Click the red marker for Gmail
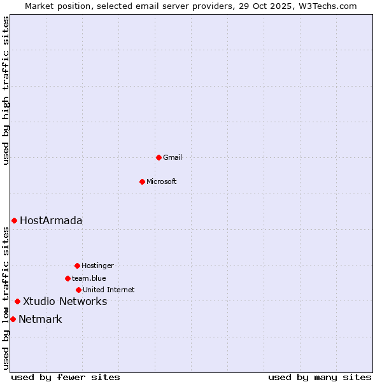click(159, 157)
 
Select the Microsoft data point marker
click(142, 181)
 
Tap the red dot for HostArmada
click(14, 220)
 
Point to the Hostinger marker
click(77, 265)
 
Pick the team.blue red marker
click(67, 278)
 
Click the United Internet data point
click(78, 290)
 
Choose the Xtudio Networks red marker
click(17, 301)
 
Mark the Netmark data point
click(13, 319)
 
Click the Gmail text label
click(173, 157)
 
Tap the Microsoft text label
click(162, 181)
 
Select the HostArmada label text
click(51, 220)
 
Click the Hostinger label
click(97, 265)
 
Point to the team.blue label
click(89, 278)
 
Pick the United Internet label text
click(109, 290)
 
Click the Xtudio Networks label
click(65, 301)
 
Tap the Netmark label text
click(40, 319)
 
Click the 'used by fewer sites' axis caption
click(66, 377)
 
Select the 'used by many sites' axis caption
click(320, 377)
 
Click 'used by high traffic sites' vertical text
click(6, 91)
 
